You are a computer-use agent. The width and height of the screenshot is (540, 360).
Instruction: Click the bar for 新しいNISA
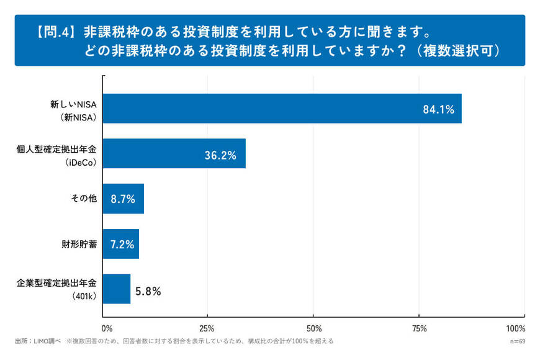[282, 109]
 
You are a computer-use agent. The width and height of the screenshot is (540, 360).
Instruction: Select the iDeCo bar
[174, 153]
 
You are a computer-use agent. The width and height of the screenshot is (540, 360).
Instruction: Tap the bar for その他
[123, 199]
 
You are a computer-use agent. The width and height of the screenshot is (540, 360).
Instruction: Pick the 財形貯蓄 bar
[120, 244]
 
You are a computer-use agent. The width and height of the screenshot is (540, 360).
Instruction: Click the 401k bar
[116, 289]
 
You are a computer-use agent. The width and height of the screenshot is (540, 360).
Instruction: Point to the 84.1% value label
[439, 110]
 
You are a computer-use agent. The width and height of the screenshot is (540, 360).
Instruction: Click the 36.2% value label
[220, 155]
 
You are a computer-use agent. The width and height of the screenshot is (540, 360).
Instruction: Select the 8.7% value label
[122, 200]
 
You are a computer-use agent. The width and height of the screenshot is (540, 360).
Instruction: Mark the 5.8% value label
[148, 290]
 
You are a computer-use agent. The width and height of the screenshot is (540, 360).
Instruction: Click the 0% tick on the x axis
[107, 328]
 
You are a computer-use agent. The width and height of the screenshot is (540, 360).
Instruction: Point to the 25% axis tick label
[207, 328]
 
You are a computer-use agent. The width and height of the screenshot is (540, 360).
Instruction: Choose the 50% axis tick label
[313, 328]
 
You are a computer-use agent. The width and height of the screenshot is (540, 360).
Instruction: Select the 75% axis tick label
[419, 328]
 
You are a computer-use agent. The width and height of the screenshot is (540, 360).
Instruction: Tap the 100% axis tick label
[516, 328]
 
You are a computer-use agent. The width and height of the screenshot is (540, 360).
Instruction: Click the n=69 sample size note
[517, 341]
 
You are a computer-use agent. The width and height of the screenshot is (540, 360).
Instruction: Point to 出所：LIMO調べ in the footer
[37, 341]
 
